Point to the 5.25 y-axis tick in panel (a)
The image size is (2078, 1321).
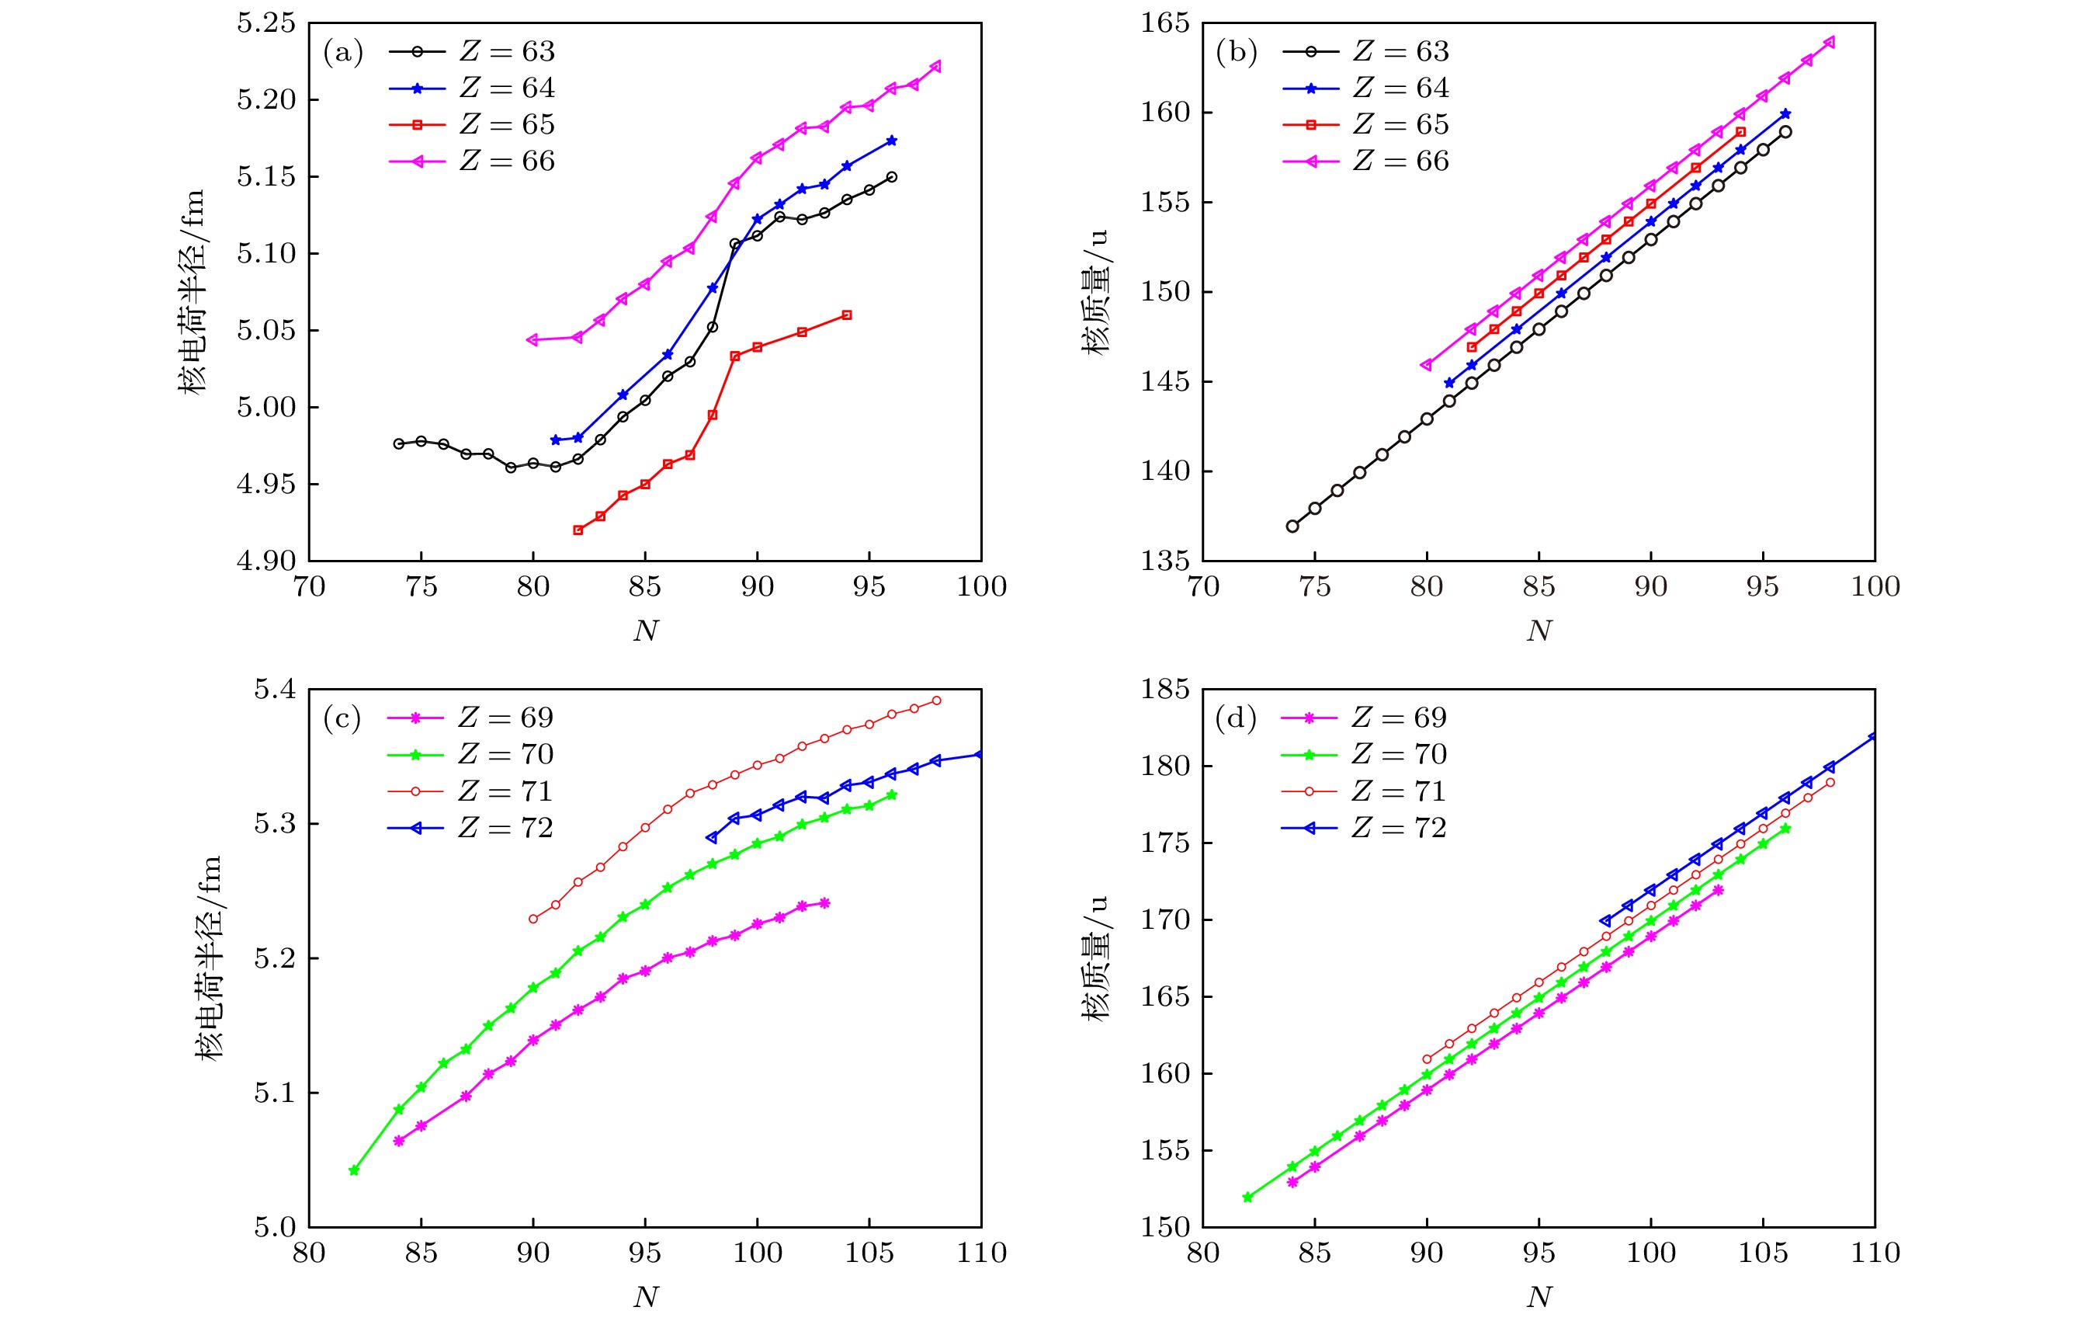click(x=265, y=24)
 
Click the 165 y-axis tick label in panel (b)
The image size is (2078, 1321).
click(x=1165, y=24)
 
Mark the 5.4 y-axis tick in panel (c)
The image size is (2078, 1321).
click(x=275, y=690)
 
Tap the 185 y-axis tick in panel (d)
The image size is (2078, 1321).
click(x=1165, y=690)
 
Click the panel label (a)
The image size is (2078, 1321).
click(x=342, y=53)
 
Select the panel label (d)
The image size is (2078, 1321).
click(x=1236, y=718)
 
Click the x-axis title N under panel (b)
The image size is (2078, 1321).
click(x=1539, y=631)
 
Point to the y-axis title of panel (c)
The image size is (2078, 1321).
click(x=208, y=958)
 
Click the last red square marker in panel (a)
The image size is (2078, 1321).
click(x=847, y=315)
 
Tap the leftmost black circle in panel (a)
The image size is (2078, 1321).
click(x=399, y=443)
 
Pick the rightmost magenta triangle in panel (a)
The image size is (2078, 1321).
click(x=935, y=67)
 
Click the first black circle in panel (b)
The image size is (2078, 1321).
click(x=1292, y=527)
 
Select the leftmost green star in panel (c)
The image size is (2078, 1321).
click(x=354, y=1171)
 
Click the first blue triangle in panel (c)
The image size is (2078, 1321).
click(x=712, y=837)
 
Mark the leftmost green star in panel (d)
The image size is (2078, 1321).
click(x=1247, y=1198)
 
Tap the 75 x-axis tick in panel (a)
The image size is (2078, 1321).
click(x=421, y=587)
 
